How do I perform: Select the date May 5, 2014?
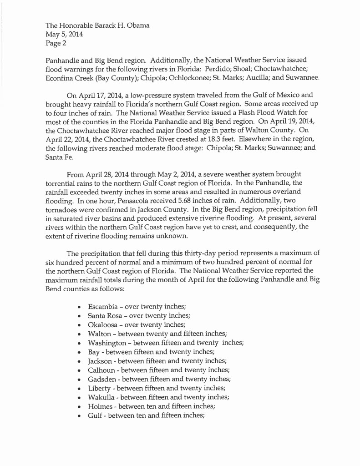64,35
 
